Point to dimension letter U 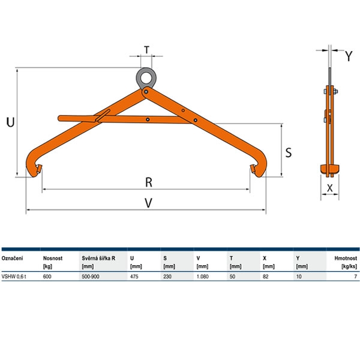[x=10, y=122]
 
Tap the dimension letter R [x=149, y=182]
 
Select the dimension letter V [x=149, y=203]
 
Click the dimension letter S [x=289, y=152]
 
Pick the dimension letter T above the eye [x=146, y=50]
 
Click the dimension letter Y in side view [x=349, y=56]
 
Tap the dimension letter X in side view [x=329, y=188]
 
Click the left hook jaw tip [x=40, y=169]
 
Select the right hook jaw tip [x=253, y=169]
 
